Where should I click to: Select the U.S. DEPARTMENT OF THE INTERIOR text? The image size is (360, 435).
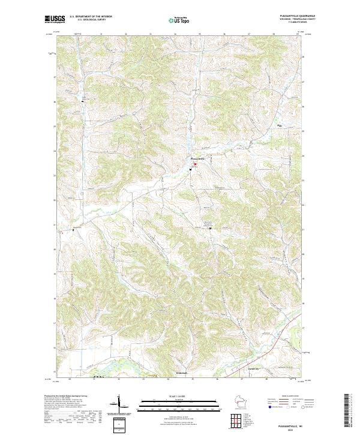86,17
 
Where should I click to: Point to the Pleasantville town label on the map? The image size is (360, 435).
197,158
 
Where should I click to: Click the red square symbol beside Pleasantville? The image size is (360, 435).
194,162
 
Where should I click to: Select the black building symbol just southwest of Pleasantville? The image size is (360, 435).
190,169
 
